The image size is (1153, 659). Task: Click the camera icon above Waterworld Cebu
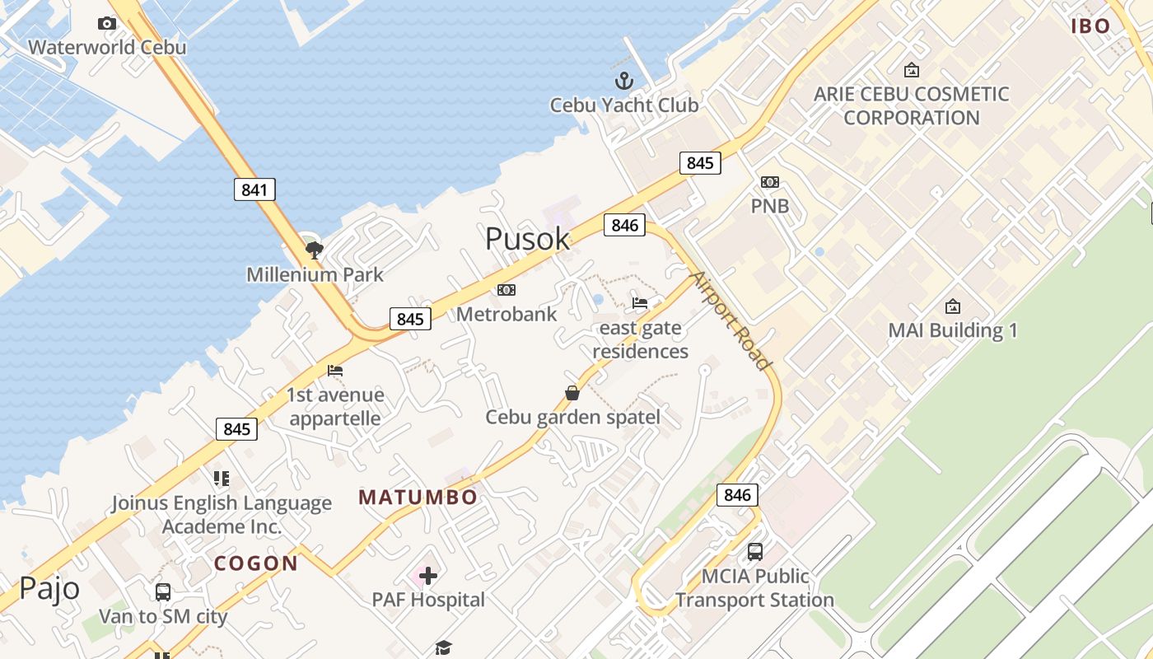[106, 23]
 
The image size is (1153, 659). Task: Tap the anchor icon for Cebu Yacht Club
[624, 81]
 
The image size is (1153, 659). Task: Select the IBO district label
[1091, 26]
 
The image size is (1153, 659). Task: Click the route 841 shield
[254, 189]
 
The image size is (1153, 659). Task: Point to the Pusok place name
[527, 239]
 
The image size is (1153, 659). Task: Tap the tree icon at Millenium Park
[313, 250]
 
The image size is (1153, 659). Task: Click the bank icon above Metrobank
[506, 290]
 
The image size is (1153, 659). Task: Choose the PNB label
[770, 206]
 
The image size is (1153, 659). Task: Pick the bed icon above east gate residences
[640, 303]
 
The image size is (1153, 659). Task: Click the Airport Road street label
[731, 320]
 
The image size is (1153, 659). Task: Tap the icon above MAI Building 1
[953, 306]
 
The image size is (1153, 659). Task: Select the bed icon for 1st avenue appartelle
[335, 371]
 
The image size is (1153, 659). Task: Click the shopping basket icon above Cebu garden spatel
[572, 393]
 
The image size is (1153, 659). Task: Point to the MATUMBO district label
[418, 498]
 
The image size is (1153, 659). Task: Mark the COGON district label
[256, 563]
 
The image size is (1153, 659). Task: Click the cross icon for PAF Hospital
[428, 575]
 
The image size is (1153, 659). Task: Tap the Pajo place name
[49, 588]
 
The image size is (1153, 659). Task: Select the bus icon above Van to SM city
[163, 591]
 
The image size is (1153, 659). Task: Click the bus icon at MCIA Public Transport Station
[755, 551]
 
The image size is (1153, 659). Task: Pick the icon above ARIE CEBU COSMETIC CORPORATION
[912, 70]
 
